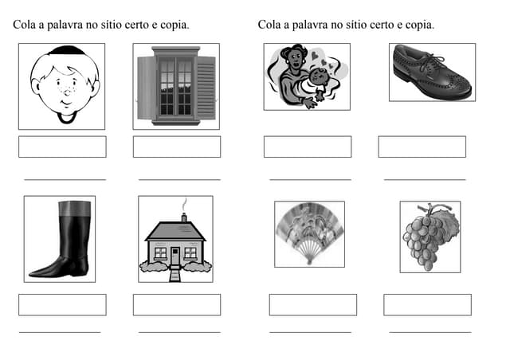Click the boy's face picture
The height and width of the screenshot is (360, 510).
point(62,86)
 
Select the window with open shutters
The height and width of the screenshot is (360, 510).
point(176,87)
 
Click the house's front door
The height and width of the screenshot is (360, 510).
point(175,256)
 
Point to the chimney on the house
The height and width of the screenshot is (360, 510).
point(183,217)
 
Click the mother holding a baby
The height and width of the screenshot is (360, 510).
point(306,76)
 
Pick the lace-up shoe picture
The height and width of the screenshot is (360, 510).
point(432,72)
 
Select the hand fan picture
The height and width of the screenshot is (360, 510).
point(309,233)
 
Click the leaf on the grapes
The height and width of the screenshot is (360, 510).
point(446,224)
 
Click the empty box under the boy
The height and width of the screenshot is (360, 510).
point(62,147)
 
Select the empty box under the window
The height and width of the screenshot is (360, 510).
point(176,147)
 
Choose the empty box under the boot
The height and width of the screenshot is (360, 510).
point(62,304)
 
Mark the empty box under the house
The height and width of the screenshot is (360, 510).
point(176,304)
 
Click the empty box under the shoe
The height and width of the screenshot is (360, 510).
point(422,147)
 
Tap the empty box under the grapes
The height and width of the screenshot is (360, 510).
point(427,304)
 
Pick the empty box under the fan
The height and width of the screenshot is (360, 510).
point(312,304)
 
